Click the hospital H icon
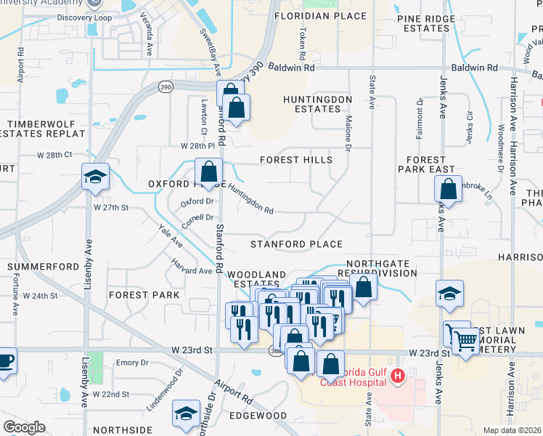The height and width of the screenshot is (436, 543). [x=398, y=376]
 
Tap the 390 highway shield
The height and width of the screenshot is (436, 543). [x=166, y=87]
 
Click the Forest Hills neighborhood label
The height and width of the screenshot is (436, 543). [x=296, y=160]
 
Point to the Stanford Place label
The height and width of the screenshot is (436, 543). [x=296, y=244]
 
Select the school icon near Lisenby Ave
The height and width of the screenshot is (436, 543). [x=95, y=177]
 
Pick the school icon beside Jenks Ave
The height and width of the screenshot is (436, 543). [x=449, y=294]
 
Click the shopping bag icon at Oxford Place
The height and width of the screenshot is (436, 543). [x=208, y=172]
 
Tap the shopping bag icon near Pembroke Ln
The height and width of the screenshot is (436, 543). [x=449, y=189]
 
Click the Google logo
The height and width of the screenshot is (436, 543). [x=24, y=427]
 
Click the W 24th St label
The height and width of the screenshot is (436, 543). [x=39, y=296]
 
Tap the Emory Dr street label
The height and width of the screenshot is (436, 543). [x=132, y=363]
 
